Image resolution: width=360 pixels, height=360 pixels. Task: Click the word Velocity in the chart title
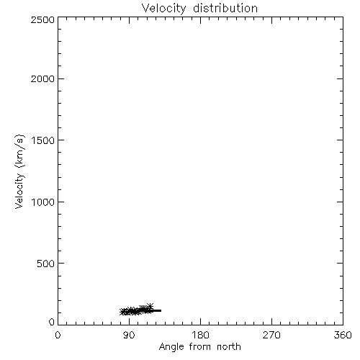pos(163,9)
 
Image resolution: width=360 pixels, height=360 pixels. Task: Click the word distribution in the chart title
pos(225,8)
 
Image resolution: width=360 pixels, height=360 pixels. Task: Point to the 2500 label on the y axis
pos(42,19)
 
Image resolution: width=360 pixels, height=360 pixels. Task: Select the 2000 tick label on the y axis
pos(42,78)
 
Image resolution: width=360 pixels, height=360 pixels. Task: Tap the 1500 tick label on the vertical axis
pos(43,140)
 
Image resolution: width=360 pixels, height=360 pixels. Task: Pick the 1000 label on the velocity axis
pos(43,202)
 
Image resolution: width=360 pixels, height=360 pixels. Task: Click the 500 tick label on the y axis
pos(46,264)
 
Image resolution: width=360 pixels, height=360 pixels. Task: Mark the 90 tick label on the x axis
pos(129,335)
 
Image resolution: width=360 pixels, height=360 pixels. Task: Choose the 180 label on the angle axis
pos(200,335)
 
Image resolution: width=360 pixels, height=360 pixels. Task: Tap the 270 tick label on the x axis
pos(271,335)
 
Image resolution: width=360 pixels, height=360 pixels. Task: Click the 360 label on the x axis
pos(343,335)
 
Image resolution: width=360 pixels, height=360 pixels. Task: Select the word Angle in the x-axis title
pos(171,347)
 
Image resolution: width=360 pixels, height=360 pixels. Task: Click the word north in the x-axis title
pos(229,346)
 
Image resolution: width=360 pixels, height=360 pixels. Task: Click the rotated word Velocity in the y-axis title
pos(19,191)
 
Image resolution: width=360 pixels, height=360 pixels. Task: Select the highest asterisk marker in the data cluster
pos(150,306)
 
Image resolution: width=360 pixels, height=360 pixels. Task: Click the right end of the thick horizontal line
pos(161,310)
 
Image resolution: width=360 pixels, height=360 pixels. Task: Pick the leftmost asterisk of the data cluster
pos(122,312)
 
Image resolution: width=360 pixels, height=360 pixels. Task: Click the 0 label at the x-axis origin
pos(58,335)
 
